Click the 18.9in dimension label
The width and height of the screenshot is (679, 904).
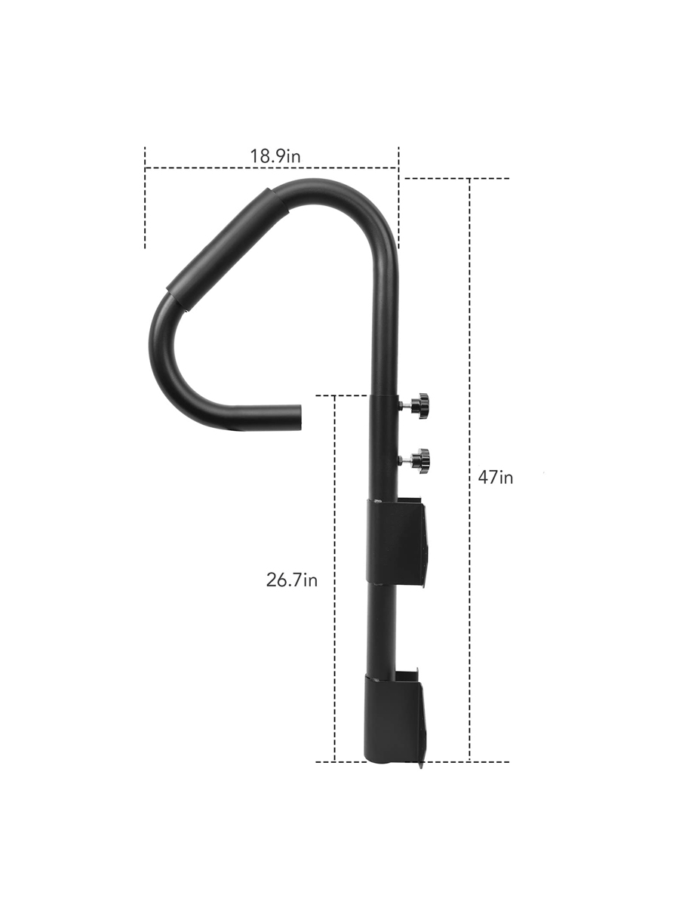pyautogui.click(x=275, y=156)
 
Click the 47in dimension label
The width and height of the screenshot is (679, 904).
pyautogui.click(x=496, y=477)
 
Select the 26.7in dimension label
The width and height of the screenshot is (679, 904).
pyautogui.click(x=291, y=580)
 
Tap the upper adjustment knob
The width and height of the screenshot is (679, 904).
pyautogui.click(x=418, y=405)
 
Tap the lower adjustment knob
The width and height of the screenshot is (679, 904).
pyautogui.click(x=418, y=459)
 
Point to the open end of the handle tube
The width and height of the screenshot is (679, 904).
pyautogui.click(x=300, y=416)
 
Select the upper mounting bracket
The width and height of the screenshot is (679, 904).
pyautogui.click(x=397, y=541)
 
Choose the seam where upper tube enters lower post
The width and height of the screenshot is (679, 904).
pyautogui.click(x=383, y=395)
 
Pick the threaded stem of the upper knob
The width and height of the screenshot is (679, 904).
pyautogui.click(x=405, y=406)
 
